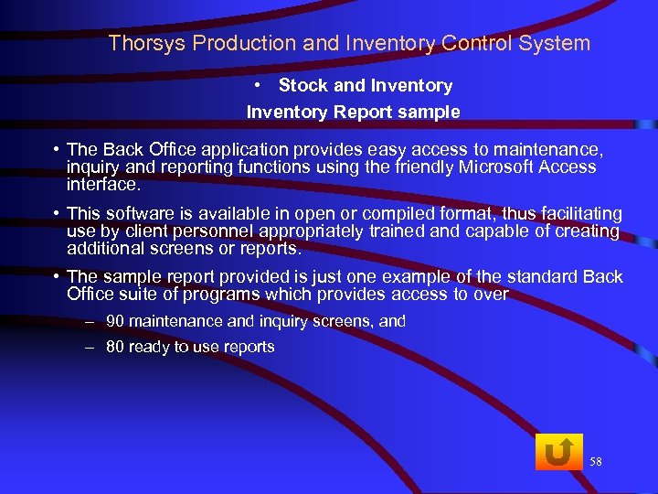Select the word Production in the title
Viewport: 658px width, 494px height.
click(225, 43)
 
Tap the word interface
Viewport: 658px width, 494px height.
click(103, 184)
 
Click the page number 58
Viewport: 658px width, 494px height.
click(596, 461)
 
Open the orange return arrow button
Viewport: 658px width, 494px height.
click(558, 452)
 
